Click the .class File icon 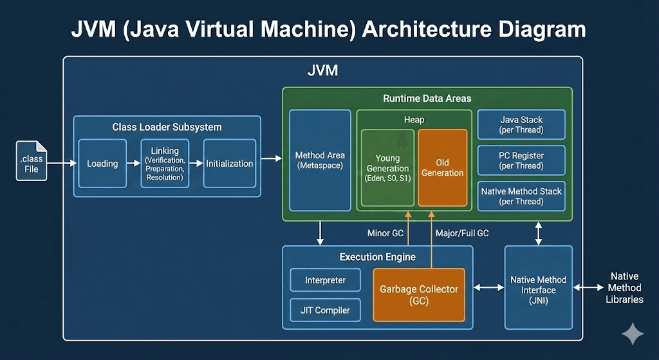pyautogui.click(x=32, y=161)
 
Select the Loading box pyautogui.click(x=102, y=164)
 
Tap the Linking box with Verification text pyautogui.click(x=165, y=164)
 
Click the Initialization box pyautogui.click(x=229, y=164)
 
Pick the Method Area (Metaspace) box pyautogui.click(x=319, y=160)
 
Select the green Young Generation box pyautogui.click(x=387, y=167)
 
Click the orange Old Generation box pyautogui.click(x=442, y=167)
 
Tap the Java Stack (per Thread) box pyautogui.click(x=521, y=124)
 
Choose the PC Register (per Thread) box pyautogui.click(x=521, y=160)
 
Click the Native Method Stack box pyautogui.click(x=521, y=196)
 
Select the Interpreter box pyautogui.click(x=326, y=280)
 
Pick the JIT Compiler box pyautogui.click(x=326, y=310)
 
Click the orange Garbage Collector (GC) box pyautogui.click(x=419, y=295)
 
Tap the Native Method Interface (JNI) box pyautogui.click(x=538, y=287)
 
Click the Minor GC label pyautogui.click(x=385, y=232)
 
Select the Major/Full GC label pyautogui.click(x=462, y=232)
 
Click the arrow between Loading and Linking pyautogui.click(x=133, y=164)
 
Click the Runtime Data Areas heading pyautogui.click(x=427, y=99)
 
